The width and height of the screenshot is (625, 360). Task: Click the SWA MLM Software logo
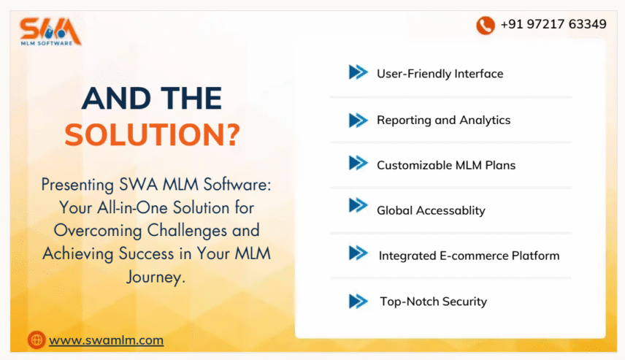click(50, 31)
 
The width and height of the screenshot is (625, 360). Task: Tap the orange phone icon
click(485, 25)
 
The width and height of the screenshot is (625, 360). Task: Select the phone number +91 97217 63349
click(553, 24)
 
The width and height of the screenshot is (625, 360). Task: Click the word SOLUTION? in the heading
click(153, 134)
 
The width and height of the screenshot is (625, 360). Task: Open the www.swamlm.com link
click(106, 340)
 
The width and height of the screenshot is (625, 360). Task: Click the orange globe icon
click(37, 340)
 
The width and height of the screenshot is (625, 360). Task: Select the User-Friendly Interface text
click(440, 74)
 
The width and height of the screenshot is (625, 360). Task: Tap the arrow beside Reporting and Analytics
click(358, 120)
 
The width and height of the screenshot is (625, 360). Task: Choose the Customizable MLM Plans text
click(446, 165)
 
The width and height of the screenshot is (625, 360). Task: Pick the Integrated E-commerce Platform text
click(469, 256)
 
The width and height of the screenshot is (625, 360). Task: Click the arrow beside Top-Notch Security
click(358, 301)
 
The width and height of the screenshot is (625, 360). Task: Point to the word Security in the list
click(464, 302)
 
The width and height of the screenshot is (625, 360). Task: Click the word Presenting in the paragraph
click(77, 185)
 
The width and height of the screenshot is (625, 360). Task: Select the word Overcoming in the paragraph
click(98, 231)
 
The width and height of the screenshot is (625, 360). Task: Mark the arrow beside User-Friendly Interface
click(358, 72)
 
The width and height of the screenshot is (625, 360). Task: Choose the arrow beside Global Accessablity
click(358, 206)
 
